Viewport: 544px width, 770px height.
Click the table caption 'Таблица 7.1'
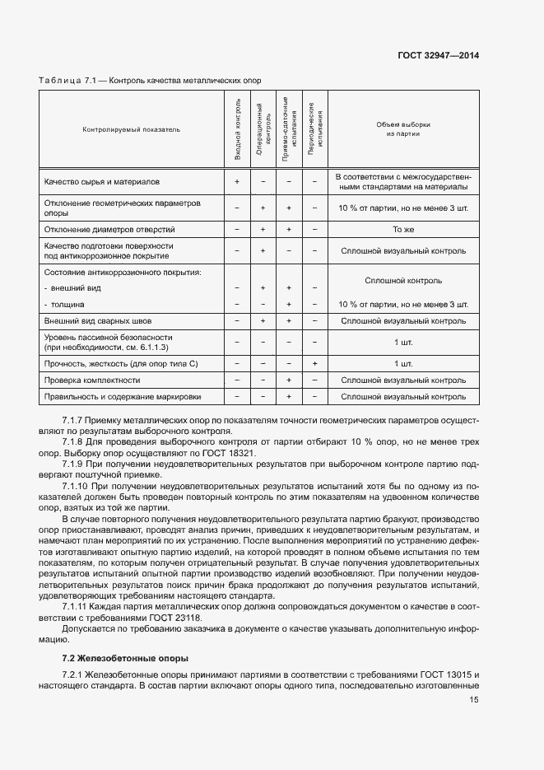[x=68, y=80]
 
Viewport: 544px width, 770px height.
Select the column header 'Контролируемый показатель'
[x=131, y=129]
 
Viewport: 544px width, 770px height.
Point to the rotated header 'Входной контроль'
[x=237, y=128]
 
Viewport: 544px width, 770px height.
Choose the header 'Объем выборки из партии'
[x=403, y=129]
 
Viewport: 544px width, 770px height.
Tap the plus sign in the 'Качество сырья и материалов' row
[x=237, y=180]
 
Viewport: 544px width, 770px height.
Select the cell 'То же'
[x=403, y=229]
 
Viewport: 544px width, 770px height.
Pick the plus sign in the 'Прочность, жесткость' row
[x=315, y=363]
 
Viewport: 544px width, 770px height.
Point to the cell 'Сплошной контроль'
[x=403, y=280]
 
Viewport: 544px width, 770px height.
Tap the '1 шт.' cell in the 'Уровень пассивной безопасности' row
[x=403, y=342]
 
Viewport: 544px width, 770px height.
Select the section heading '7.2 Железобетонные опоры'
[x=125, y=658]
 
